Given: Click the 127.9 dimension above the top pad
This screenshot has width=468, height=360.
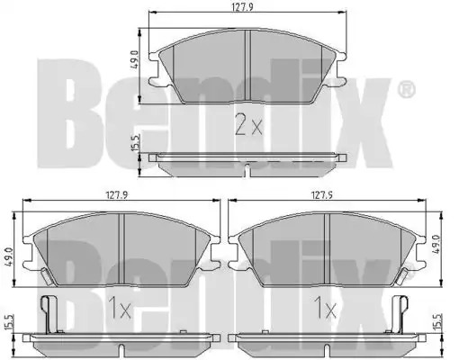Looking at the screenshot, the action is coord(243,7).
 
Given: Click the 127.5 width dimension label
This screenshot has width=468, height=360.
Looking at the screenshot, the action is coord(322,195).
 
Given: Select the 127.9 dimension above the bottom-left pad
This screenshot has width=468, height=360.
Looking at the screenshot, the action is coord(116,195).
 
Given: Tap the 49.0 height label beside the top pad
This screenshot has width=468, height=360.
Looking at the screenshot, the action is coord(135,60).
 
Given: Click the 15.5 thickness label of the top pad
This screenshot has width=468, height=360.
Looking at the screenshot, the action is coord(136,143).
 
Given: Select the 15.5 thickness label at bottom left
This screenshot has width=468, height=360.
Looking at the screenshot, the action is coord(9,322).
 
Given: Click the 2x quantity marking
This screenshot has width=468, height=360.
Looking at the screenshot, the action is coord(248,124).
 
